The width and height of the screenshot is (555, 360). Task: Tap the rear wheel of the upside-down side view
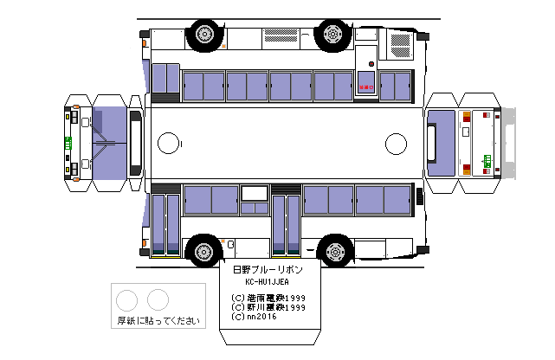click(332, 35)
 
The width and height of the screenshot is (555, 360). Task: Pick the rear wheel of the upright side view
click(332, 251)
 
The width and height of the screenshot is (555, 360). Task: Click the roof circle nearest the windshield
click(168, 143)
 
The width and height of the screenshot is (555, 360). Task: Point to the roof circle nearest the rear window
click(396, 143)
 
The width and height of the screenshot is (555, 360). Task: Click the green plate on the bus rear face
click(487, 159)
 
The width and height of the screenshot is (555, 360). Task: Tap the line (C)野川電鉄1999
click(268, 307)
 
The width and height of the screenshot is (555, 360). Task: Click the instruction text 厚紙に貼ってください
click(158, 321)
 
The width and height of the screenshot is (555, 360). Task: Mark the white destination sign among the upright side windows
click(255, 193)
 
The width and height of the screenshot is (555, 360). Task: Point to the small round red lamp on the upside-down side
click(371, 63)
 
